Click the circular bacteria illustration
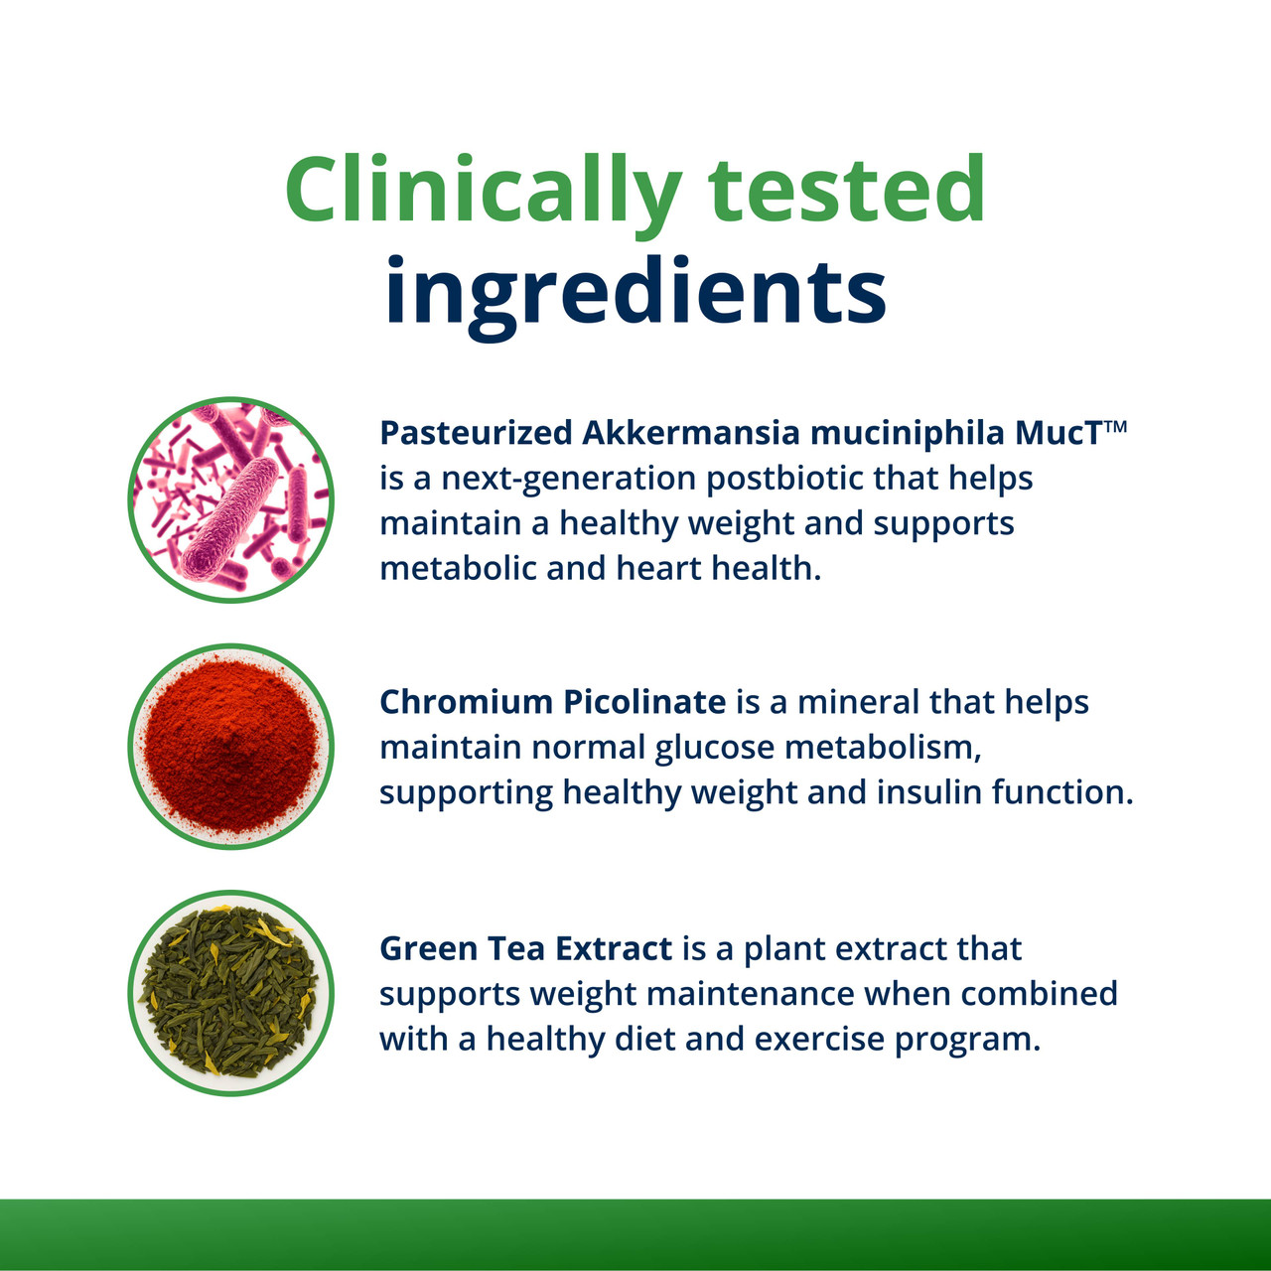tap(231, 499)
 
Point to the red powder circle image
tap(231, 746)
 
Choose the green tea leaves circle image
tap(231, 992)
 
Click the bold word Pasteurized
tap(476, 433)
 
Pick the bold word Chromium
tap(466, 702)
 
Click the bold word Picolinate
tap(644, 702)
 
